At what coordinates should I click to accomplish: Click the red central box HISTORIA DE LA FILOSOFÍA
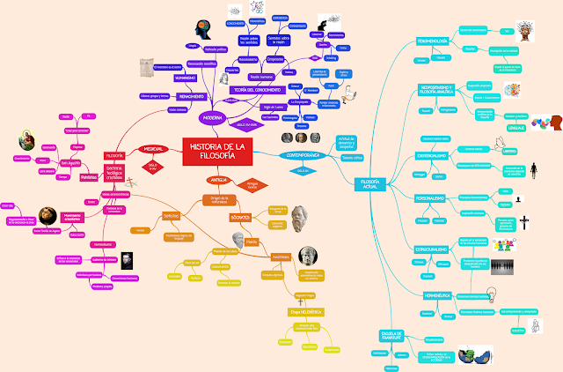(x=217, y=152)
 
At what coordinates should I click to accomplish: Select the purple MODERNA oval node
(x=213, y=117)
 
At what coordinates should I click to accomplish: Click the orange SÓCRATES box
(x=265, y=216)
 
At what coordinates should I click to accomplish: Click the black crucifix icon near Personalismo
(x=524, y=222)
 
